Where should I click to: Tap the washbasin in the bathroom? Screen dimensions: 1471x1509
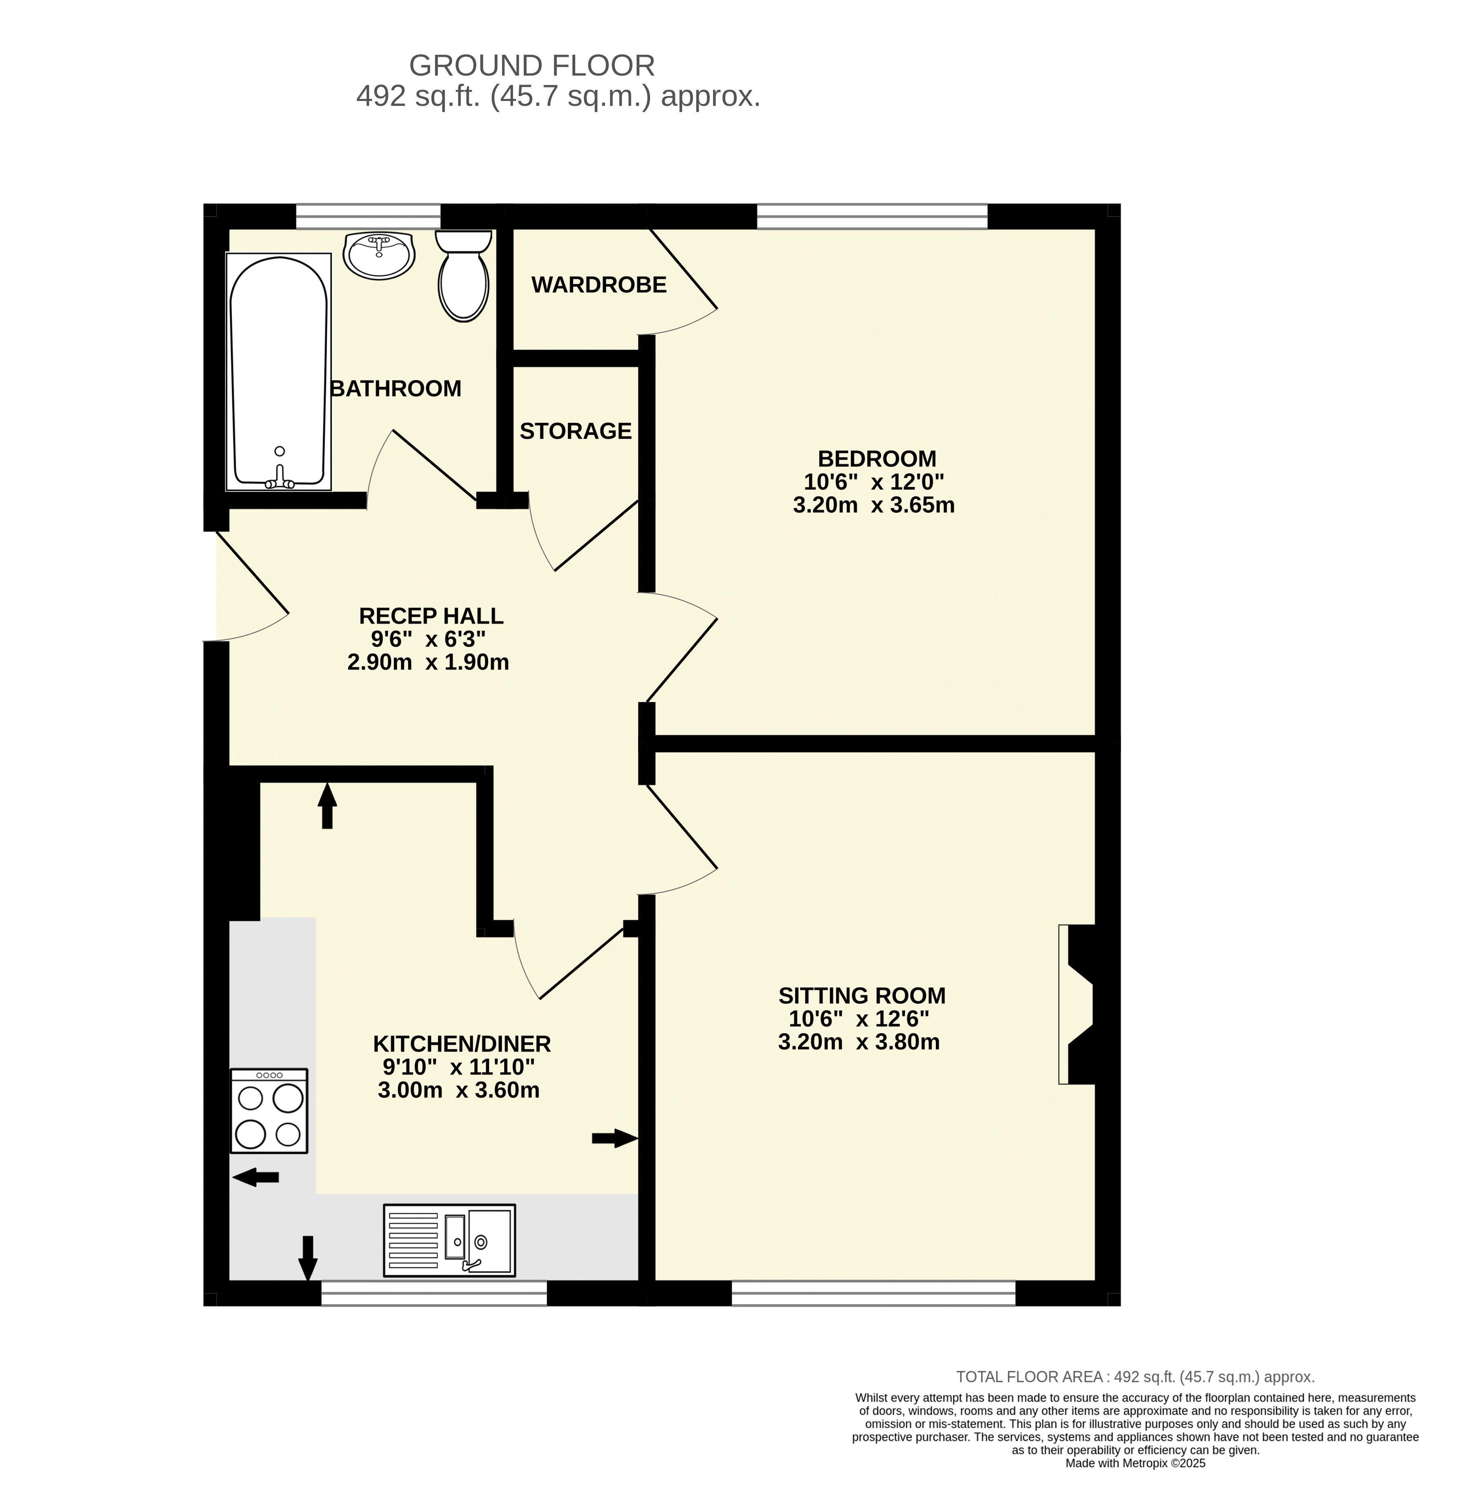click(x=379, y=255)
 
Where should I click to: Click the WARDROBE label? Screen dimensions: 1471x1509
click(x=599, y=285)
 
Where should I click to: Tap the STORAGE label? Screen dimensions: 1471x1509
click(x=576, y=431)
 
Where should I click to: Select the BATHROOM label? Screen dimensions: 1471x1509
click(x=396, y=389)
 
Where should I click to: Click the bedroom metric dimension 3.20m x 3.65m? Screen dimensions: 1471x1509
click(x=874, y=505)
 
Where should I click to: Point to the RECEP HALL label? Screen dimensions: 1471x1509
click(x=431, y=616)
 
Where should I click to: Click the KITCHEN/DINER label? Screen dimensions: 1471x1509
click(x=462, y=1044)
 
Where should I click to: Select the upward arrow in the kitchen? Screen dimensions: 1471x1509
click(x=327, y=805)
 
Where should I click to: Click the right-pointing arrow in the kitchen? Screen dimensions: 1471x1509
click(x=615, y=1138)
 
